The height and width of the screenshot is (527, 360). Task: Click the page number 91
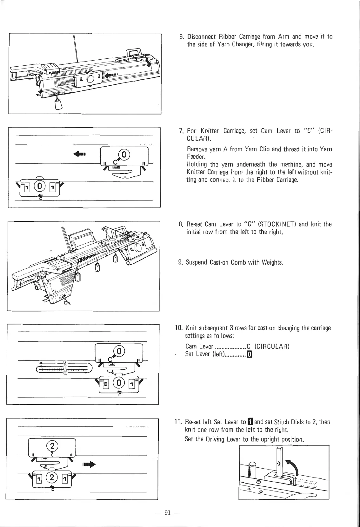point(168,512)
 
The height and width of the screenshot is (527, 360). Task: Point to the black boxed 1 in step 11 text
point(250,422)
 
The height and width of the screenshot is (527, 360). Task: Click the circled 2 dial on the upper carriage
point(52,446)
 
